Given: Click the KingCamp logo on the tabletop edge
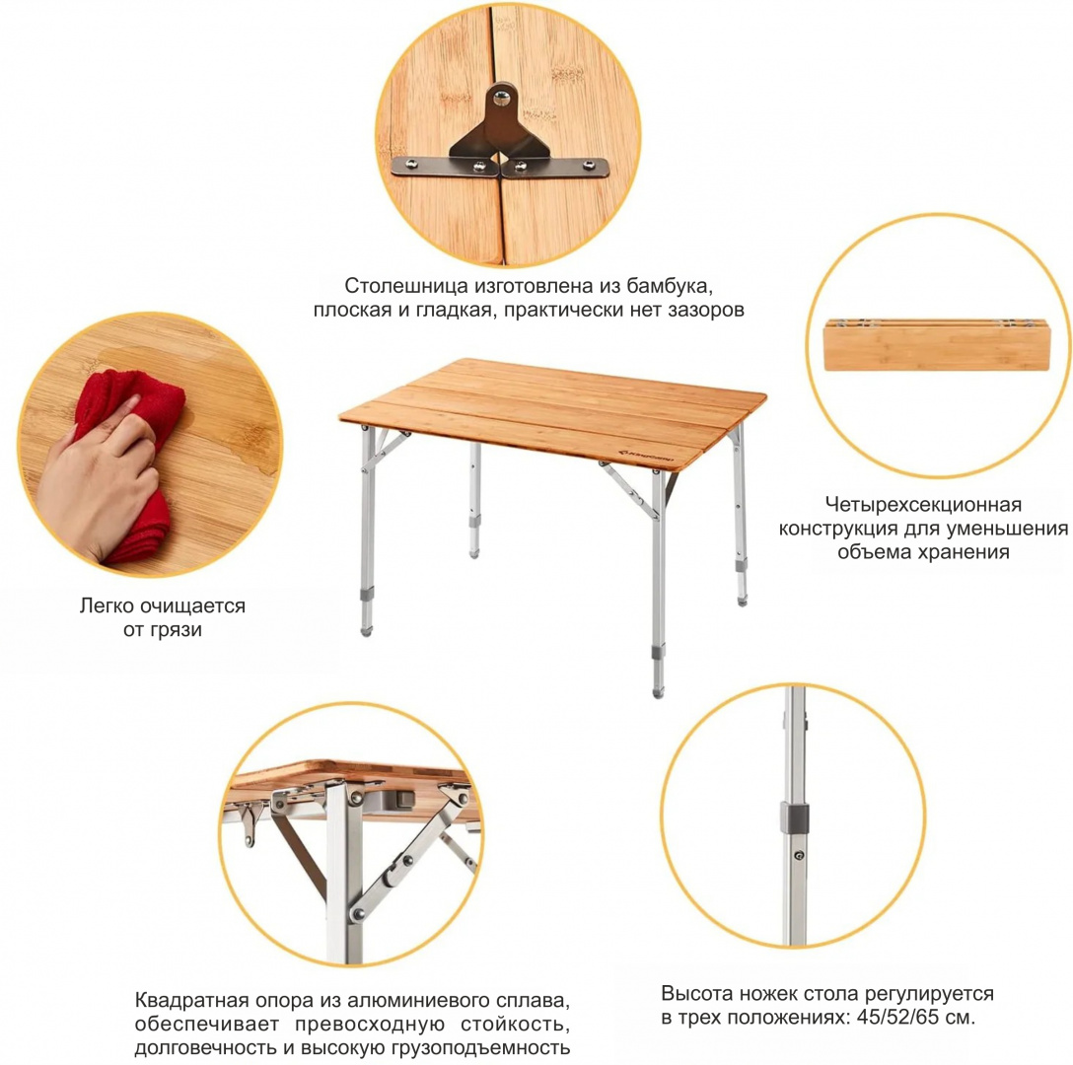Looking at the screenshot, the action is point(647,455).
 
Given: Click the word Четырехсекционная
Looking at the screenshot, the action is point(923,505).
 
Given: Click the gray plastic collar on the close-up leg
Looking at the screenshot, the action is point(795,818).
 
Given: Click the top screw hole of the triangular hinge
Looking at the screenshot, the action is point(503,98).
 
